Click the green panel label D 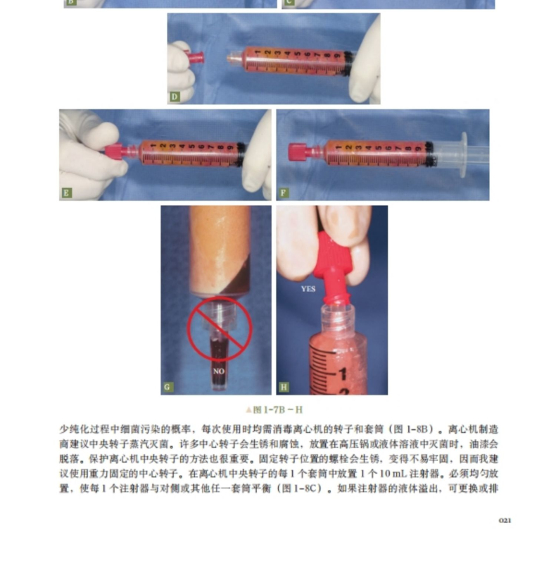point(175,97)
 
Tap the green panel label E point(66,192)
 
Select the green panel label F point(284,192)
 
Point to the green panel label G point(168,388)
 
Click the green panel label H point(284,388)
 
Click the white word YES point(308,289)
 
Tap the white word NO point(219,371)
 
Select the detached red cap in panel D point(194,57)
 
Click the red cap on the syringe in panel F point(297,152)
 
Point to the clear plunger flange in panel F point(464,154)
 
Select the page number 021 point(505,520)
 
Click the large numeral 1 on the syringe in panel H point(342,374)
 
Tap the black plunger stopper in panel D point(348,63)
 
